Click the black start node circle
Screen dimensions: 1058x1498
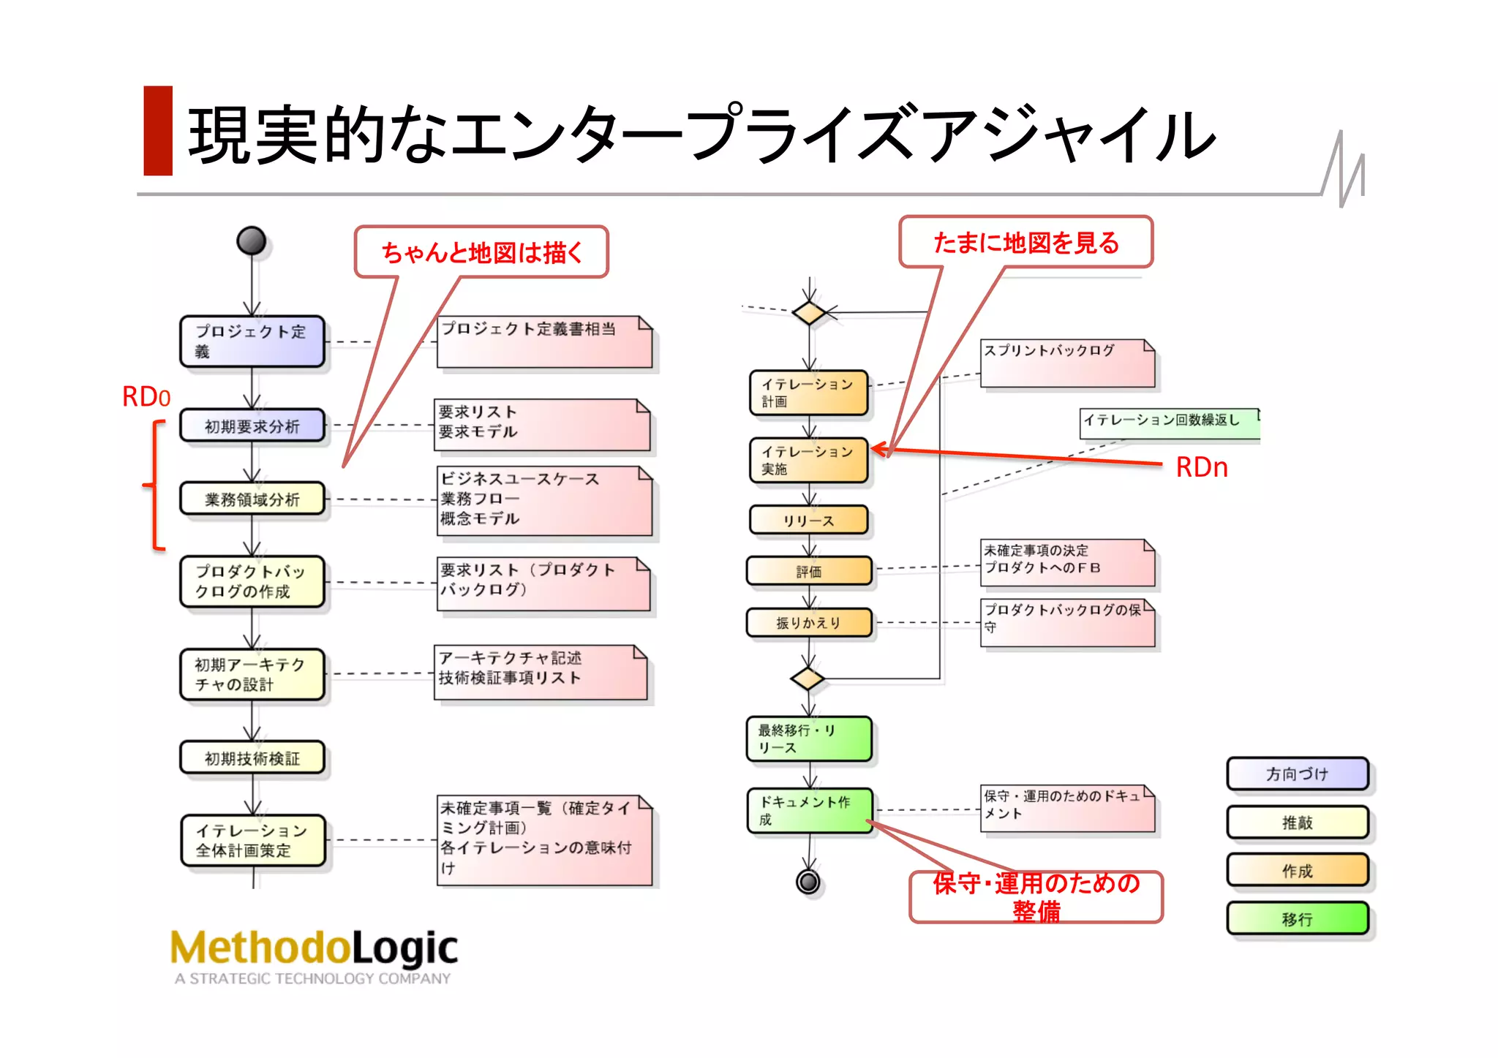tap(251, 241)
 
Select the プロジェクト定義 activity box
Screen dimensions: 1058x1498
tap(252, 341)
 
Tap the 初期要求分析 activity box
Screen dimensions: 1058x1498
tap(252, 426)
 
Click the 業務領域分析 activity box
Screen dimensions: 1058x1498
tap(252, 499)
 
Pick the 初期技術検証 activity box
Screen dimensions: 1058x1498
tap(252, 758)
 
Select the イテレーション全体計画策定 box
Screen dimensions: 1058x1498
tap(252, 841)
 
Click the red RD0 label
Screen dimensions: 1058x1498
tap(146, 397)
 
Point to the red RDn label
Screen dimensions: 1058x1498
tap(1201, 468)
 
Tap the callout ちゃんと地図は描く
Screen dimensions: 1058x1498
tap(481, 252)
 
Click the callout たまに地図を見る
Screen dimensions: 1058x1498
tap(1025, 243)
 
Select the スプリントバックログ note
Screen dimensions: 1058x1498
tap(1066, 363)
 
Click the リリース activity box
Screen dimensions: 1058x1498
tap(808, 521)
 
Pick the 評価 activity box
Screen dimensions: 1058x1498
tap(808, 572)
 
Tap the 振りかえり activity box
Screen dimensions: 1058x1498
tap(808, 623)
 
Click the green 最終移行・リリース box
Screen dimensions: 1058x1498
tap(808, 739)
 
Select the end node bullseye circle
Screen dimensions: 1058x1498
tap(808, 882)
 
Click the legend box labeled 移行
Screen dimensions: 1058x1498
tap(1297, 919)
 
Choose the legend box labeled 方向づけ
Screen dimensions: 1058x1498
tap(1297, 774)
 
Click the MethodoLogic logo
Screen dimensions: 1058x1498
tap(314, 955)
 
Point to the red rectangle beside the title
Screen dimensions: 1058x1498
tap(158, 131)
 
